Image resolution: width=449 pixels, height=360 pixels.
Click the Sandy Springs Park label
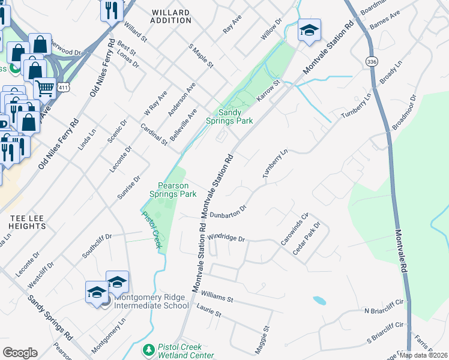tap(235, 116)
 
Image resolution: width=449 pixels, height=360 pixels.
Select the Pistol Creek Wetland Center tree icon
tap(148, 349)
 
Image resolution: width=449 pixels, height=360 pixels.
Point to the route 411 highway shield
tap(63, 88)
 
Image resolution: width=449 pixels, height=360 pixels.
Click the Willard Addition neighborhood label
tap(171, 16)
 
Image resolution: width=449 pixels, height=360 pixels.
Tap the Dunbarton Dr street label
tap(228, 211)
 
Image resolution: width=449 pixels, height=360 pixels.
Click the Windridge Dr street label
tap(226, 238)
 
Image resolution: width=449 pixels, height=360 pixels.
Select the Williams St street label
tap(217, 295)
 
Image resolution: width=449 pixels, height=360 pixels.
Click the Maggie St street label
tap(264, 339)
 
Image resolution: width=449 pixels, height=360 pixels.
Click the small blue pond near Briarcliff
tap(319, 300)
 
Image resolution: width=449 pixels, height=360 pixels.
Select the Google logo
tap(20, 352)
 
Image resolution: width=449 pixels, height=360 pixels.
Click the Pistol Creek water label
tap(152, 230)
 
